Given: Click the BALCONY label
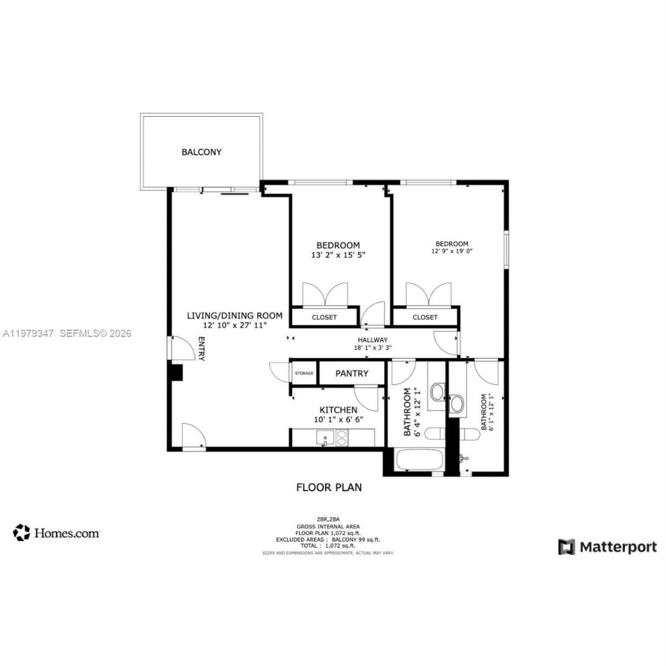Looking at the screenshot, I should (201, 152).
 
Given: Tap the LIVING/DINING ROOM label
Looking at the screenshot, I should (235, 315).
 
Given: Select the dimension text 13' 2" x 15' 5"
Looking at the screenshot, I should (338, 255).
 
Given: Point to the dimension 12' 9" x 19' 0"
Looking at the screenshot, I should (452, 251).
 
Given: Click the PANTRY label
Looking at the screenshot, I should (352, 374).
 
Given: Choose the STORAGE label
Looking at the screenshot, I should (304, 374).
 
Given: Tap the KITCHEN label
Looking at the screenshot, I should (338, 410).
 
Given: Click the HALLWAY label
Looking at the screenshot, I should (373, 340).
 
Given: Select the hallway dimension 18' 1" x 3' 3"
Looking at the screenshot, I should (373, 348).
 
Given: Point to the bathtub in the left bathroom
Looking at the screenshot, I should (419, 460).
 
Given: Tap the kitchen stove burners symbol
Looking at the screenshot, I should (342, 439).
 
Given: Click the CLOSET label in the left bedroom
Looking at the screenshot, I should (324, 317).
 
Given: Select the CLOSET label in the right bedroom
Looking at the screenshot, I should (425, 317).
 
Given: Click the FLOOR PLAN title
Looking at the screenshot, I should (329, 488).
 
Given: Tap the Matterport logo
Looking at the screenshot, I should (607, 547).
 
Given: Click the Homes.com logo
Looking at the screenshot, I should (57, 533).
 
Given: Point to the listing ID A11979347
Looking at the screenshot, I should (28, 334).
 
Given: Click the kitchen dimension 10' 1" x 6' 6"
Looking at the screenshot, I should (338, 419).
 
